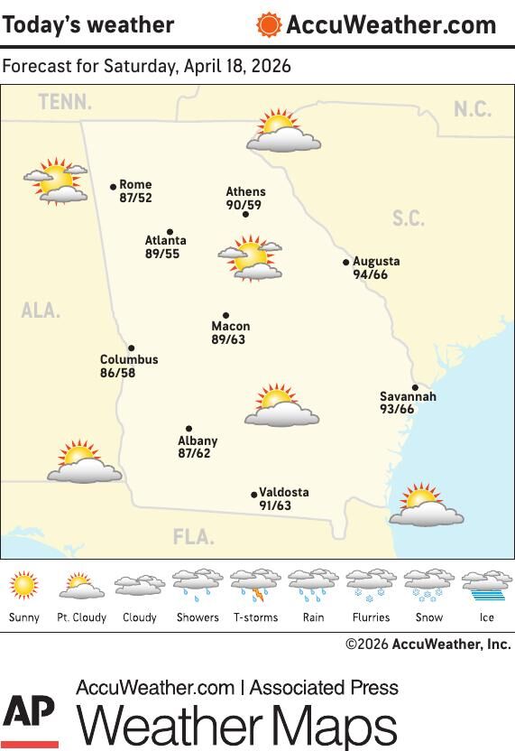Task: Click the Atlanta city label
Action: tap(166, 241)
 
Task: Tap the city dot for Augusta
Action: tap(346, 263)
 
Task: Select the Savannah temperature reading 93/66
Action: tap(397, 410)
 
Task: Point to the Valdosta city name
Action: tap(284, 493)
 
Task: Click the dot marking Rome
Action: tap(114, 187)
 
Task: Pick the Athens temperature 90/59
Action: tap(244, 205)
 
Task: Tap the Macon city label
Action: tap(231, 327)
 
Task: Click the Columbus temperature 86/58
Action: tap(118, 373)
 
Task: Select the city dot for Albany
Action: tap(189, 429)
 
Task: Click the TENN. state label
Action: tap(65, 103)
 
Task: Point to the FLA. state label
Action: tap(194, 538)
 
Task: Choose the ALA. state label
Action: tap(41, 311)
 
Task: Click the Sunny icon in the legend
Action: tap(24, 586)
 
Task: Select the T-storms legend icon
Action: tap(255, 586)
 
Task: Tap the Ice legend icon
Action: tap(487, 586)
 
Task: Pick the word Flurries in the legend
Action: tap(371, 617)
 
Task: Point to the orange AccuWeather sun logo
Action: tap(269, 24)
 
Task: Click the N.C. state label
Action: tap(473, 109)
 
